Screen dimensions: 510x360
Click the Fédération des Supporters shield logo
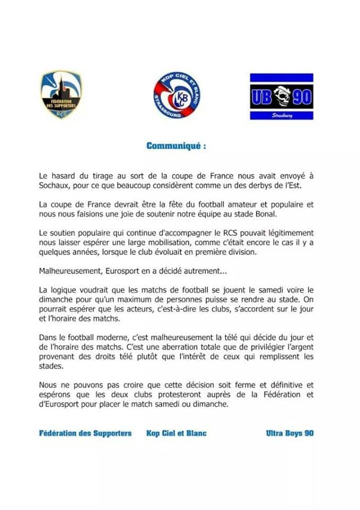click(x=61, y=95)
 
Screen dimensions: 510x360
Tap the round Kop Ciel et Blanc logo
click(x=177, y=95)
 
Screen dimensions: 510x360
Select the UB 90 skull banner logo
click(x=281, y=96)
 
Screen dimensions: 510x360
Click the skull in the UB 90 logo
click(x=281, y=96)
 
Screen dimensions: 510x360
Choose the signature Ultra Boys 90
click(x=289, y=433)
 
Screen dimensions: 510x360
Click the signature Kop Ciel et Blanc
click(x=176, y=433)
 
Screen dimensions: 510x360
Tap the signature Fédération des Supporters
click(x=85, y=433)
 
